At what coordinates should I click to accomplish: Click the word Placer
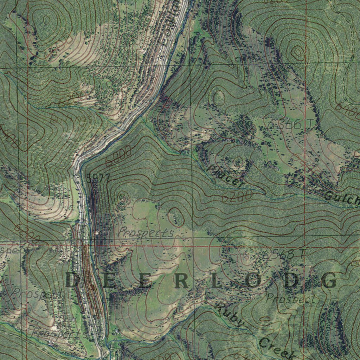coord(225,176)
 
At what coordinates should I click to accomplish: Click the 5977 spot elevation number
coord(98,178)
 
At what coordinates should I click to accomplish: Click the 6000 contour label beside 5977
coord(118,156)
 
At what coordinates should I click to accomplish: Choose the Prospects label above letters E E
coord(145,232)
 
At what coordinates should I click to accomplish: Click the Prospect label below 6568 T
coord(291,299)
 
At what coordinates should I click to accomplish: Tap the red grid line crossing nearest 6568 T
coord(305,247)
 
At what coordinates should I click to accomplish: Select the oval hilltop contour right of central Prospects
coord(176,217)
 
